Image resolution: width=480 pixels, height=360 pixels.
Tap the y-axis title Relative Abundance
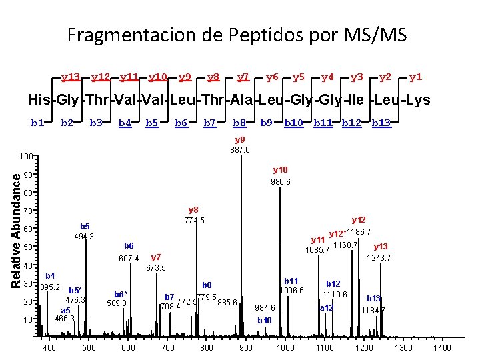pos(16,227)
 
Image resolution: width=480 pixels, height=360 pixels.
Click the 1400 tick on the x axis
pos(442,348)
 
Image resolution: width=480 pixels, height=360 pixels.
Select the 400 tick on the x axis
pos(49,348)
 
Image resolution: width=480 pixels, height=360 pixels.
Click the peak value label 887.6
pos(240,150)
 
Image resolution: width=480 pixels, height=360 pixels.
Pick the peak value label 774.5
pos(194,221)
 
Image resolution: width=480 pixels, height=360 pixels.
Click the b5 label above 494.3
pos(85,226)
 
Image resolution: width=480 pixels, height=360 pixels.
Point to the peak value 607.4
pos(129,259)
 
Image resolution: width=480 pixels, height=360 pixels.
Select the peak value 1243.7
pos(380,257)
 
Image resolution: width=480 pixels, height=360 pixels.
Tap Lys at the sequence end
pos(416,101)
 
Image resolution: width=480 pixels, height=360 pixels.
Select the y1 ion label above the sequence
pos(415,77)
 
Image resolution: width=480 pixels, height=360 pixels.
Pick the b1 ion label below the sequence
pos(37,123)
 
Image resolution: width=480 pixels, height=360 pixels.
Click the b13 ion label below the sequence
pos(381,123)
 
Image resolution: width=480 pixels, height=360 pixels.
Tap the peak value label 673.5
pos(155,267)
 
